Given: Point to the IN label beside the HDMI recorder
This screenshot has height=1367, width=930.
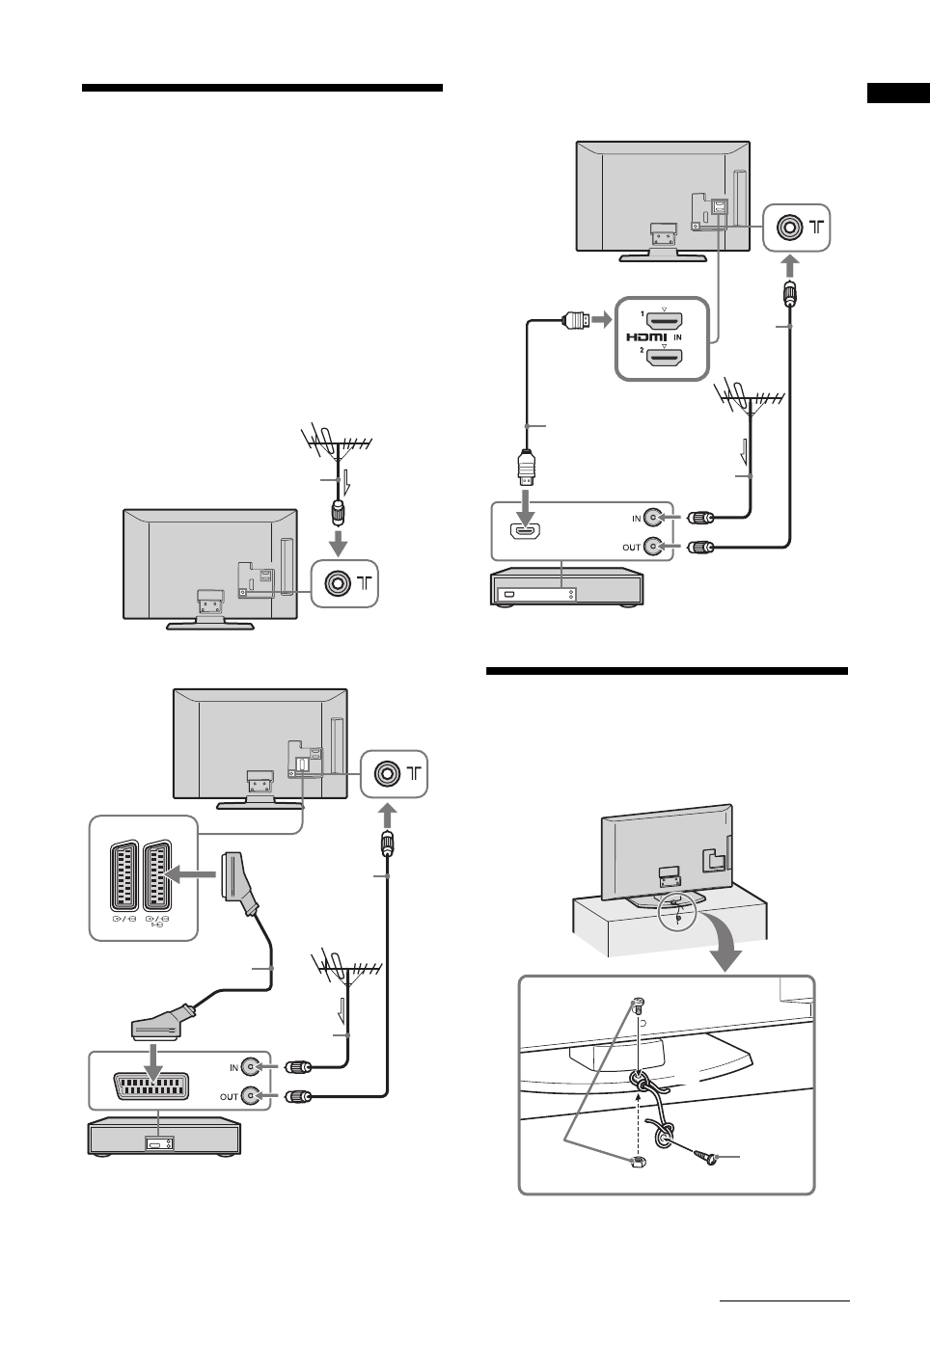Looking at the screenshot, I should click(637, 519).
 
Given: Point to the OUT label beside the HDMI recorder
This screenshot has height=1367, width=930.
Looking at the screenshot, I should click(632, 548).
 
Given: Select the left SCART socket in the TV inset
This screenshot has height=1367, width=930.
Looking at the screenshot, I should click(126, 875).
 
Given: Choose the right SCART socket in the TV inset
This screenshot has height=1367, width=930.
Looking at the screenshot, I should click(159, 875).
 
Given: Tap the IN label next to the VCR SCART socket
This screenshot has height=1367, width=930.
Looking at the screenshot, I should click(233, 1067).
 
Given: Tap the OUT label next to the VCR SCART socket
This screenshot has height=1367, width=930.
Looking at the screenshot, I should click(230, 1096).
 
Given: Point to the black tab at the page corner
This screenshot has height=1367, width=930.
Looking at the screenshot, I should click(897, 94).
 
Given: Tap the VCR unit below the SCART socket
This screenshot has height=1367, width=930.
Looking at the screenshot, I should click(164, 1139).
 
